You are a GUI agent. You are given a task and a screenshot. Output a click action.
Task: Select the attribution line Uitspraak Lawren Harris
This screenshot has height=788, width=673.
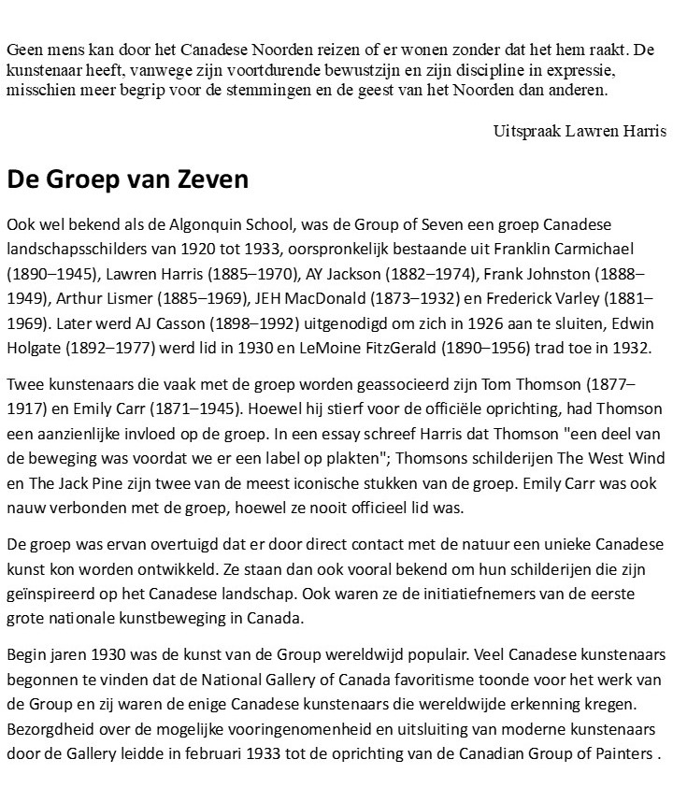(x=580, y=131)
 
